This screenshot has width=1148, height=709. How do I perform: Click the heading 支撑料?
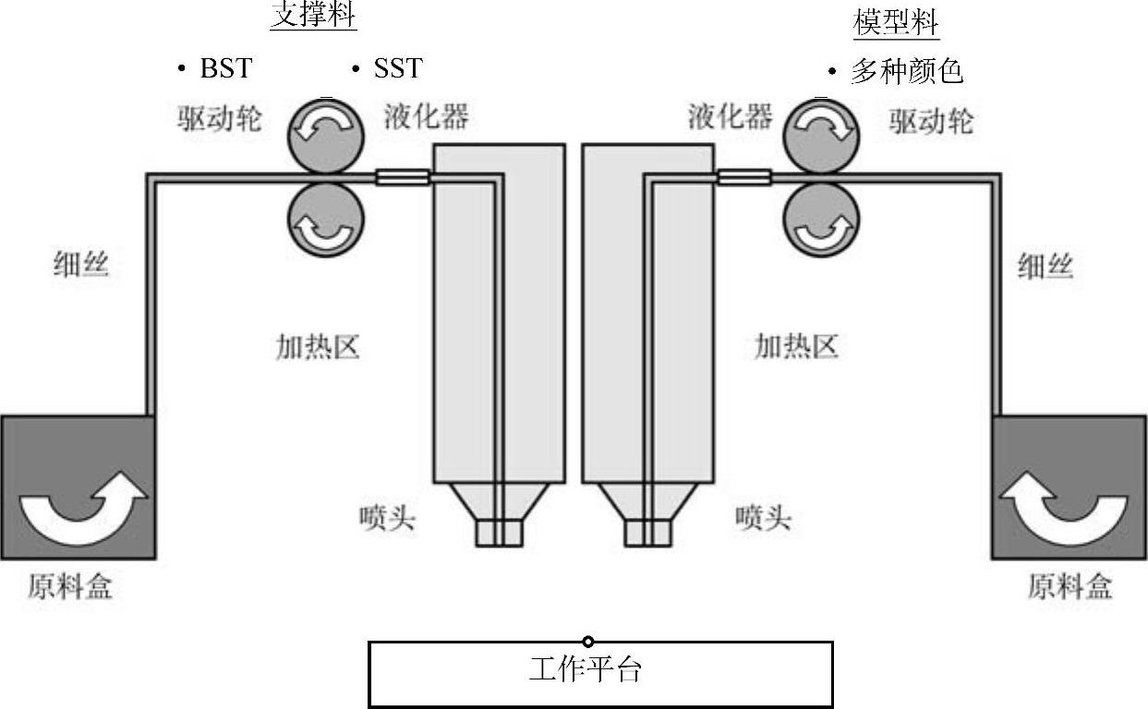coord(313,15)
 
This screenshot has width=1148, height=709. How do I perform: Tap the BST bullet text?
coord(225,68)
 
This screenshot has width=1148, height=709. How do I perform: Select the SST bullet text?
coord(398,68)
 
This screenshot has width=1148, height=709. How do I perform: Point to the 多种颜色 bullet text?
coord(906,71)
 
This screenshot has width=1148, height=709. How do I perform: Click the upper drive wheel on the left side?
coord(327,133)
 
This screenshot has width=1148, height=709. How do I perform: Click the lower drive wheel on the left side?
coord(327,220)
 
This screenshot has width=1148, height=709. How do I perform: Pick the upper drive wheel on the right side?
coord(820,133)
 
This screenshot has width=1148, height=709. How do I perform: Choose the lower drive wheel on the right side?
coord(820,220)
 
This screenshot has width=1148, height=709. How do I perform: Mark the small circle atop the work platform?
coord(588,642)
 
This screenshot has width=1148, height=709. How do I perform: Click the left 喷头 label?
coord(387,518)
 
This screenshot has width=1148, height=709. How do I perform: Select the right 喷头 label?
coord(763,518)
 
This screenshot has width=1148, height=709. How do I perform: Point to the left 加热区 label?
coord(317,347)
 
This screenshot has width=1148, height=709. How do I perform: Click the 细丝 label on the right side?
coord(1045,267)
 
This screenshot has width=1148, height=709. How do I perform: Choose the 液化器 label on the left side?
coord(426,116)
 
